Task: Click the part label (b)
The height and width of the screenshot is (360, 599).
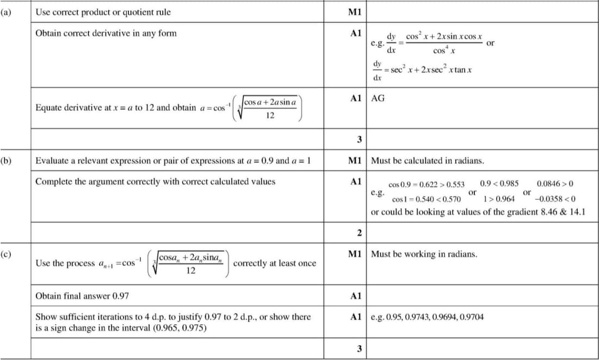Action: point(6,161)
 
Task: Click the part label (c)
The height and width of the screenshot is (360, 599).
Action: point(6,254)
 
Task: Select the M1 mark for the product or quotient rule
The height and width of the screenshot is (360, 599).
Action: point(358,11)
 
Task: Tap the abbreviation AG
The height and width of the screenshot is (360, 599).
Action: point(377,99)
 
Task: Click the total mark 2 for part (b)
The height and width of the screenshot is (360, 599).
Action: point(359,234)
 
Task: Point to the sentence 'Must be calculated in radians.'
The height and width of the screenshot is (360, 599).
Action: point(427,161)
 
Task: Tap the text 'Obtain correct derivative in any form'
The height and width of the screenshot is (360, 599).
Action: point(106,33)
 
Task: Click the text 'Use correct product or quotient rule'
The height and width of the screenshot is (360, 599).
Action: point(103,11)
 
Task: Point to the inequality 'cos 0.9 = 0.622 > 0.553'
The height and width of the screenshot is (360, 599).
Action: point(426,185)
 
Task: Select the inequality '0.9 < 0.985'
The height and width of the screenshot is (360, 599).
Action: point(499,184)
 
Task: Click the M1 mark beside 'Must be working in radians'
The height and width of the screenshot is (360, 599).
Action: point(358,254)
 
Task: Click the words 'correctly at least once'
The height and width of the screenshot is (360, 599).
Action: point(274,263)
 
